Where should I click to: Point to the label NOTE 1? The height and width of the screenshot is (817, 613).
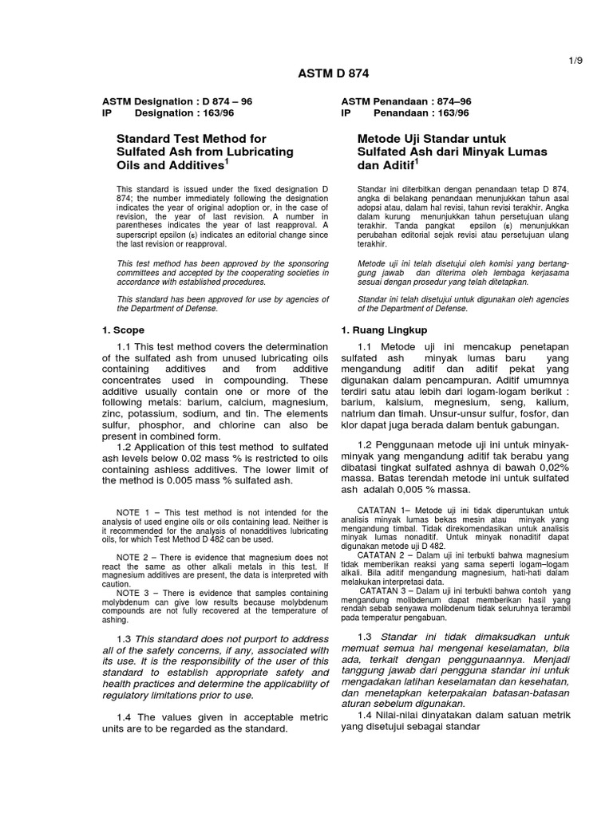coord(132,511)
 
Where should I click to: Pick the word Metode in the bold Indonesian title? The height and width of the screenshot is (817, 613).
coord(381,138)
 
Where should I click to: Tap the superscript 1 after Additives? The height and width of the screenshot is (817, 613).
coord(227,161)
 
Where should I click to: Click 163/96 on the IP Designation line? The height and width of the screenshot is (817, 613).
coord(206,114)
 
